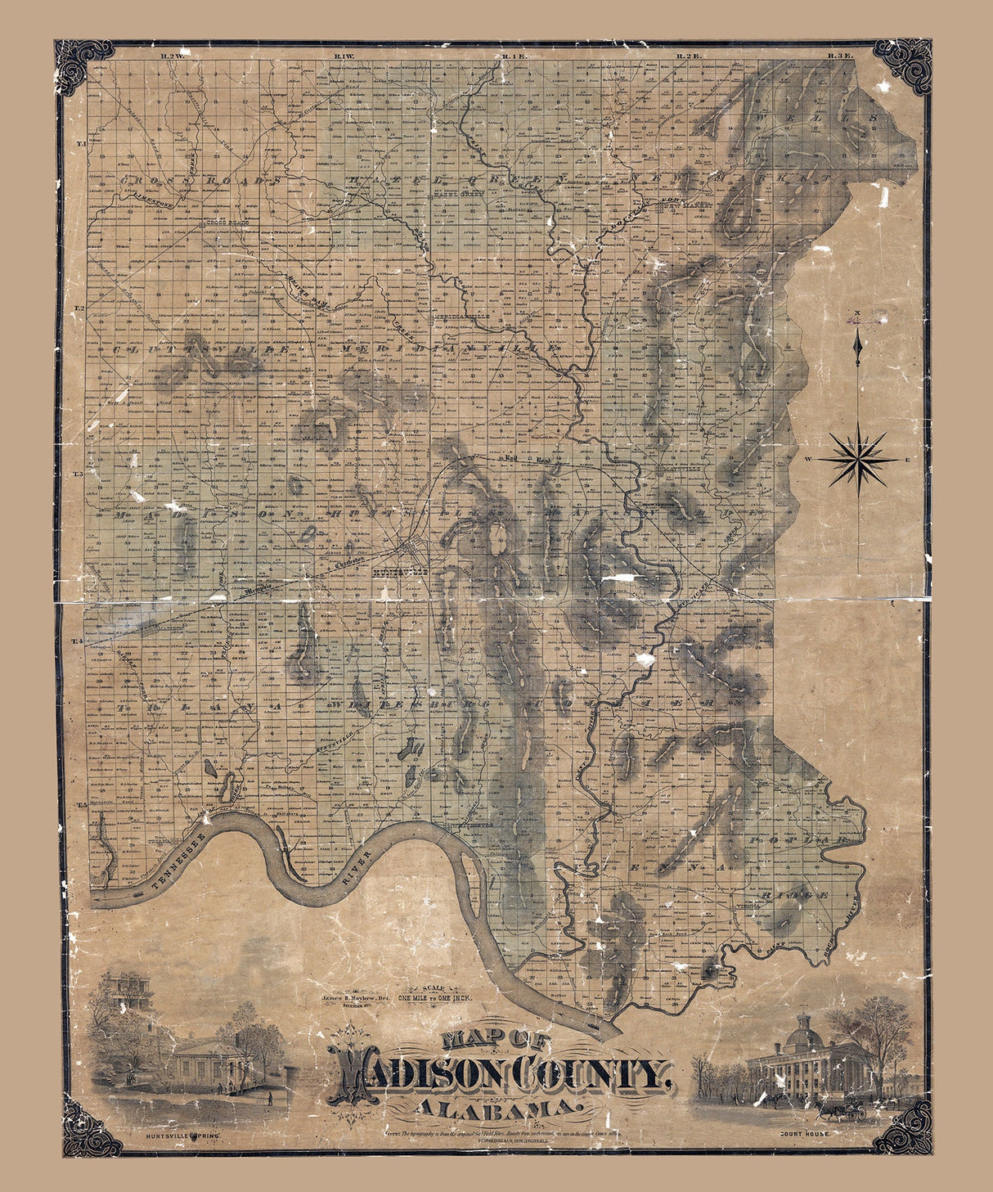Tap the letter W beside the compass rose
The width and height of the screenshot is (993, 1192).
pyautogui.click(x=808, y=460)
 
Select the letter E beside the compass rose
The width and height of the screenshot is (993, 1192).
pyautogui.click(x=907, y=460)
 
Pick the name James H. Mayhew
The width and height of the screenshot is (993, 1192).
pyautogui.click(x=349, y=998)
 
